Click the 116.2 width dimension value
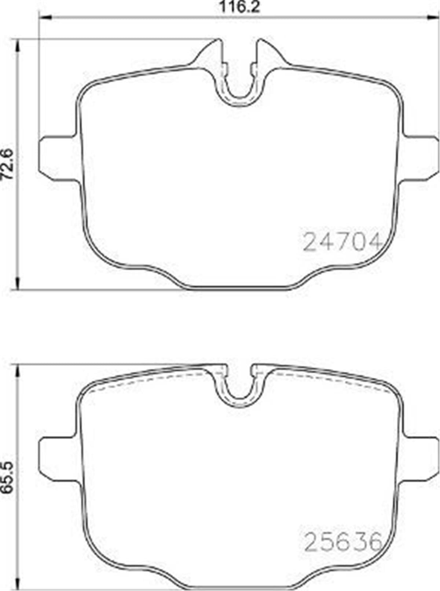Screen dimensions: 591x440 click(x=239, y=7)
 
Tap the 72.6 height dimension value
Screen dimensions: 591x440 click(x=8, y=164)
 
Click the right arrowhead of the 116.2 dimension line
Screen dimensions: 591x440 click(x=433, y=17)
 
